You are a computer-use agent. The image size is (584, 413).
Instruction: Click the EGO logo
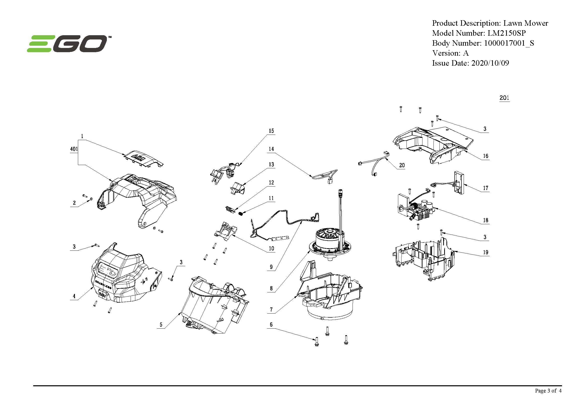point(67,44)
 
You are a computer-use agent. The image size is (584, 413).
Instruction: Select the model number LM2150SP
point(506,33)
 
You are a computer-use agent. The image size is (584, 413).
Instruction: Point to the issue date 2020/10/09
point(490,63)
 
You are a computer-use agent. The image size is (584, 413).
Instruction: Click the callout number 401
point(74,149)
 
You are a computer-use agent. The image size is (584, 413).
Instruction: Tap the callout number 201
point(504,98)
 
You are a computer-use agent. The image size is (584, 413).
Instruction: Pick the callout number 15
point(271,131)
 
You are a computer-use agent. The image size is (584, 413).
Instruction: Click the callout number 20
point(402,165)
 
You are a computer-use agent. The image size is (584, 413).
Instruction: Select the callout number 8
point(271,288)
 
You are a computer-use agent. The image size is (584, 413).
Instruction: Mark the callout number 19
point(486,252)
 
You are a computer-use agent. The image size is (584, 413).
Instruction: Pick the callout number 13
point(271,165)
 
